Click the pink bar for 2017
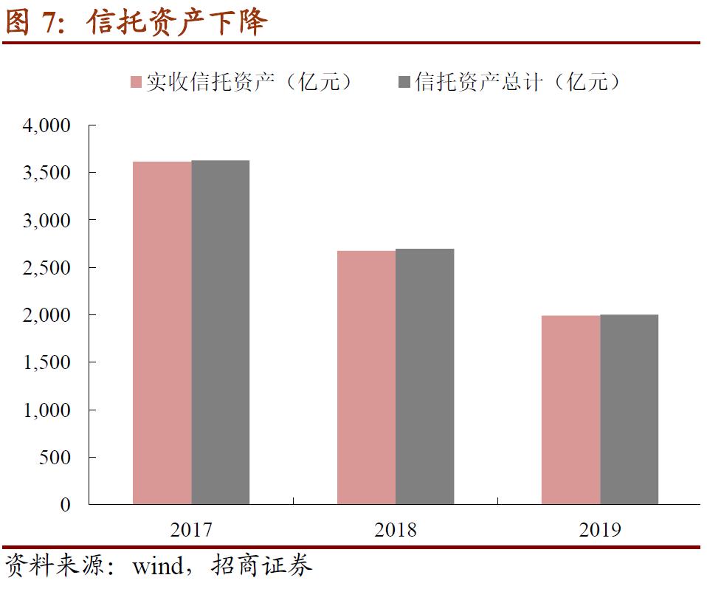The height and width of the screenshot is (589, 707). click(x=162, y=333)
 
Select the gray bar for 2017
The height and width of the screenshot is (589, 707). click(x=220, y=332)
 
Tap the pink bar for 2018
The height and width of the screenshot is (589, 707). click(x=366, y=377)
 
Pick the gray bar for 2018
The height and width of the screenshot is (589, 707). click(x=424, y=376)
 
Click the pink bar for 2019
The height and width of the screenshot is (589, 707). click(x=570, y=410)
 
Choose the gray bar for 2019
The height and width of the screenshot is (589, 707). click(x=629, y=409)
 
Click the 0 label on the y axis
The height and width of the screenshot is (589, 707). click(x=66, y=505)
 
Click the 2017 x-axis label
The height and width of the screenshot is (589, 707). click(x=191, y=530)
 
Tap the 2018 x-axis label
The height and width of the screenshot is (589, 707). click(x=396, y=530)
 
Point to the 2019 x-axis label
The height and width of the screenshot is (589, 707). click(x=600, y=530)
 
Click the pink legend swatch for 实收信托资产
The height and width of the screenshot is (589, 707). click(x=136, y=82)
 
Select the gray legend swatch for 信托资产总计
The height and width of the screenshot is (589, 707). click(x=404, y=82)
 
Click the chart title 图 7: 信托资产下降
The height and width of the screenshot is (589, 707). click(x=136, y=22)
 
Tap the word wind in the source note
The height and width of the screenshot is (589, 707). click(x=156, y=567)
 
